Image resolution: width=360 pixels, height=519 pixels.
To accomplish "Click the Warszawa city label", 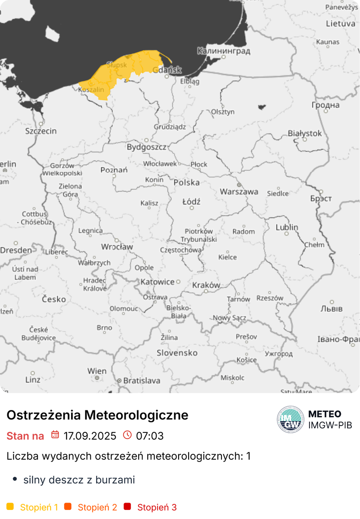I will (x=239, y=192).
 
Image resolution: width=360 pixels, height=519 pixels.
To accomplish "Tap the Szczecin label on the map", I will (x=41, y=131).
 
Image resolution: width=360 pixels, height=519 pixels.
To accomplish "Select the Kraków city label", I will (x=206, y=285).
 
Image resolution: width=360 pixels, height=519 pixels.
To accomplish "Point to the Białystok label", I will (x=305, y=134).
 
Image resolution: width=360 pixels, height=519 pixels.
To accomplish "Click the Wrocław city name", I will (x=117, y=247).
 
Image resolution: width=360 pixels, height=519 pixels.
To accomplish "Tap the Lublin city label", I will (x=287, y=227).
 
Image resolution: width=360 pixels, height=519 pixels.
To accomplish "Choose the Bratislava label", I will (x=142, y=380).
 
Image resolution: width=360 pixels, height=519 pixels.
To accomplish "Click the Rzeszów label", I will (x=270, y=298).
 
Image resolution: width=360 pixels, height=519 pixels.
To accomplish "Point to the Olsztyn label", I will (x=223, y=112).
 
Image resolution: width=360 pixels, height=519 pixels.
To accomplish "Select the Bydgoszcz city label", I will (x=146, y=147).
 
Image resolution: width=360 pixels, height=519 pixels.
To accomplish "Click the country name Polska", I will (x=186, y=182).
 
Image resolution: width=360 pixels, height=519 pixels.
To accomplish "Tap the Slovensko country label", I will (x=177, y=353).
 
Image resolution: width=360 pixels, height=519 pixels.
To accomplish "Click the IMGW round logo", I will (x=291, y=419).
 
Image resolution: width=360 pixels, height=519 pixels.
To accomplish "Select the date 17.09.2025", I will (x=90, y=436).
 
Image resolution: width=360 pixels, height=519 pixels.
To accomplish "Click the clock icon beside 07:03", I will (x=128, y=435).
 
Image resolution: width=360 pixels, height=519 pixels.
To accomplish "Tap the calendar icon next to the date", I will (x=55, y=435).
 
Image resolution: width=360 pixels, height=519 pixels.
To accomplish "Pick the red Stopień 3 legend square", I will (x=127, y=506).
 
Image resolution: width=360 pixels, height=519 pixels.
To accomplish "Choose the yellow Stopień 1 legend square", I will (x=10, y=506).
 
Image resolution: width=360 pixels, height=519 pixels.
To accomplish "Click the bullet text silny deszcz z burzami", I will (x=79, y=480).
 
